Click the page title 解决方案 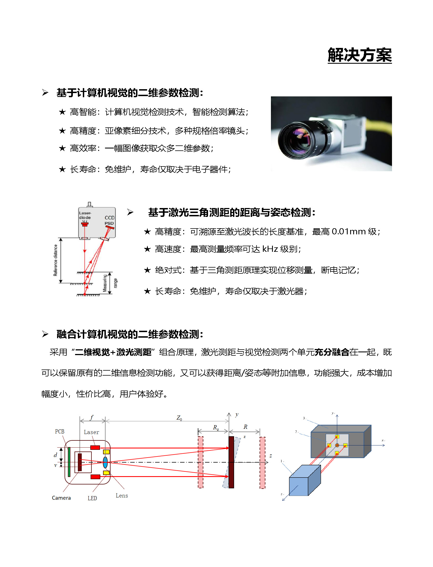[x=360, y=55]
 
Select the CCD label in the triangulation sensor [x=110, y=218]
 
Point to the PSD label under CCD [x=109, y=223]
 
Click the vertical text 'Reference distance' [x=55, y=260]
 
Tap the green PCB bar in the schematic [x=69, y=462]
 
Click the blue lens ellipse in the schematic [x=105, y=462]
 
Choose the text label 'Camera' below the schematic [x=61, y=498]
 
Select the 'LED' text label [x=92, y=498]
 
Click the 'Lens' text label [x=122, y=496]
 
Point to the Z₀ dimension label [x=179, y=418]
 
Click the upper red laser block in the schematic [x=95, y=448]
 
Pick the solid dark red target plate [x=231, y=462]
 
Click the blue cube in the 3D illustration [x=305, y=481]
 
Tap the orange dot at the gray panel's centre [x=337, y=445]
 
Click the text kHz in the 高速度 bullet [x=270, y=249]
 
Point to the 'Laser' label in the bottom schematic [x=91, y=432]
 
